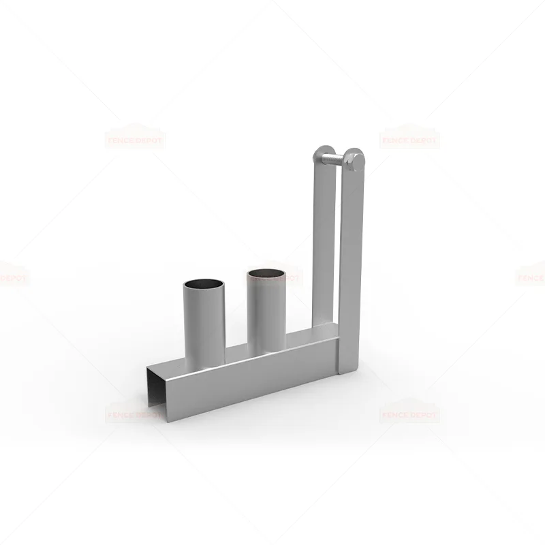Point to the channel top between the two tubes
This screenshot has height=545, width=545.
coord(235,354)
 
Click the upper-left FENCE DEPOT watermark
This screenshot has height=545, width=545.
coord(135,140)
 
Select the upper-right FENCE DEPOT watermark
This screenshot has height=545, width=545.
coord(409,140)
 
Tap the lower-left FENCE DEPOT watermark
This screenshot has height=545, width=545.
coord(135,414)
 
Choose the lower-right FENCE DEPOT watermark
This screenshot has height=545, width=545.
coord(409,414)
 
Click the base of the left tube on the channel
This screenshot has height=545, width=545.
coord(204,361)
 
